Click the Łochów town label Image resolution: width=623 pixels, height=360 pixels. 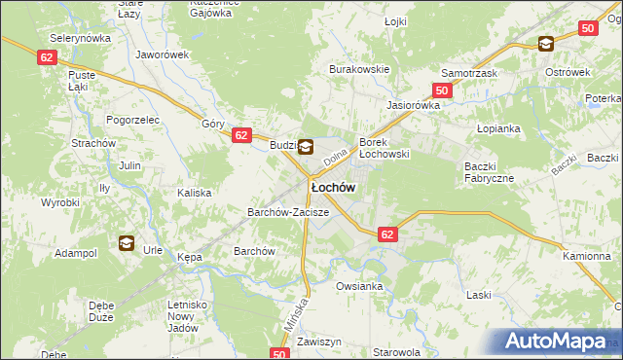pos(332,186)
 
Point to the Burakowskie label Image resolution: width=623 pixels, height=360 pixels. pos(359,69)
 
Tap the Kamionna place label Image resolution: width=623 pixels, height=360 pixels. pos(586,255)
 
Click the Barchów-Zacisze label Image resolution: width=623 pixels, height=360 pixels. pos(288,211)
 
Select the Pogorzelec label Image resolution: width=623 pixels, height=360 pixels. pos(132,119)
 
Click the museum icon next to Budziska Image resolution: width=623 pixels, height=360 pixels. pos(306,148)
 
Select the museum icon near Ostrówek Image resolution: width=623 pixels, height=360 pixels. pos(545,43)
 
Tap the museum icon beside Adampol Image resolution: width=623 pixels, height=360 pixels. pos(126,243)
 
